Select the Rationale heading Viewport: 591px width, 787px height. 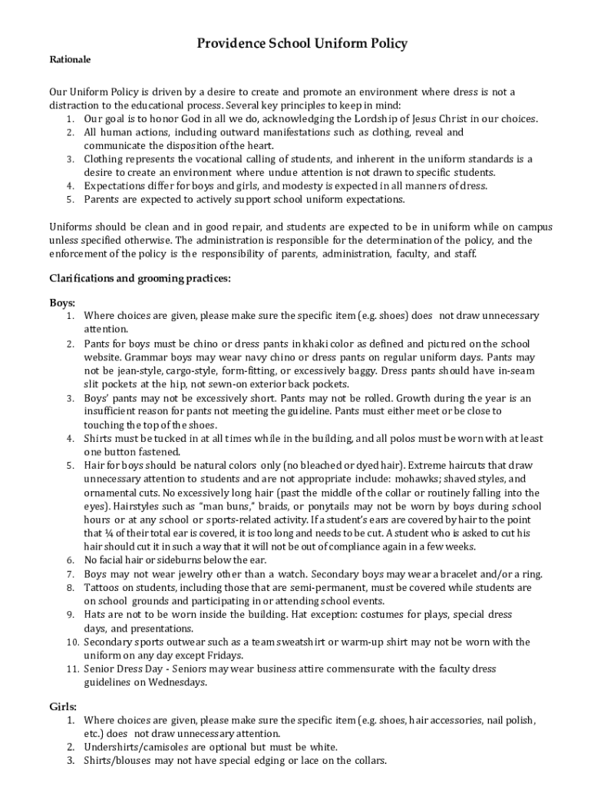[71, 59]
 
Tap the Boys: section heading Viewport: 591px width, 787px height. [63, 303]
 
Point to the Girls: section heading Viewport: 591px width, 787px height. [63, 706]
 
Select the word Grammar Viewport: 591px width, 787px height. [107, 357]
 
